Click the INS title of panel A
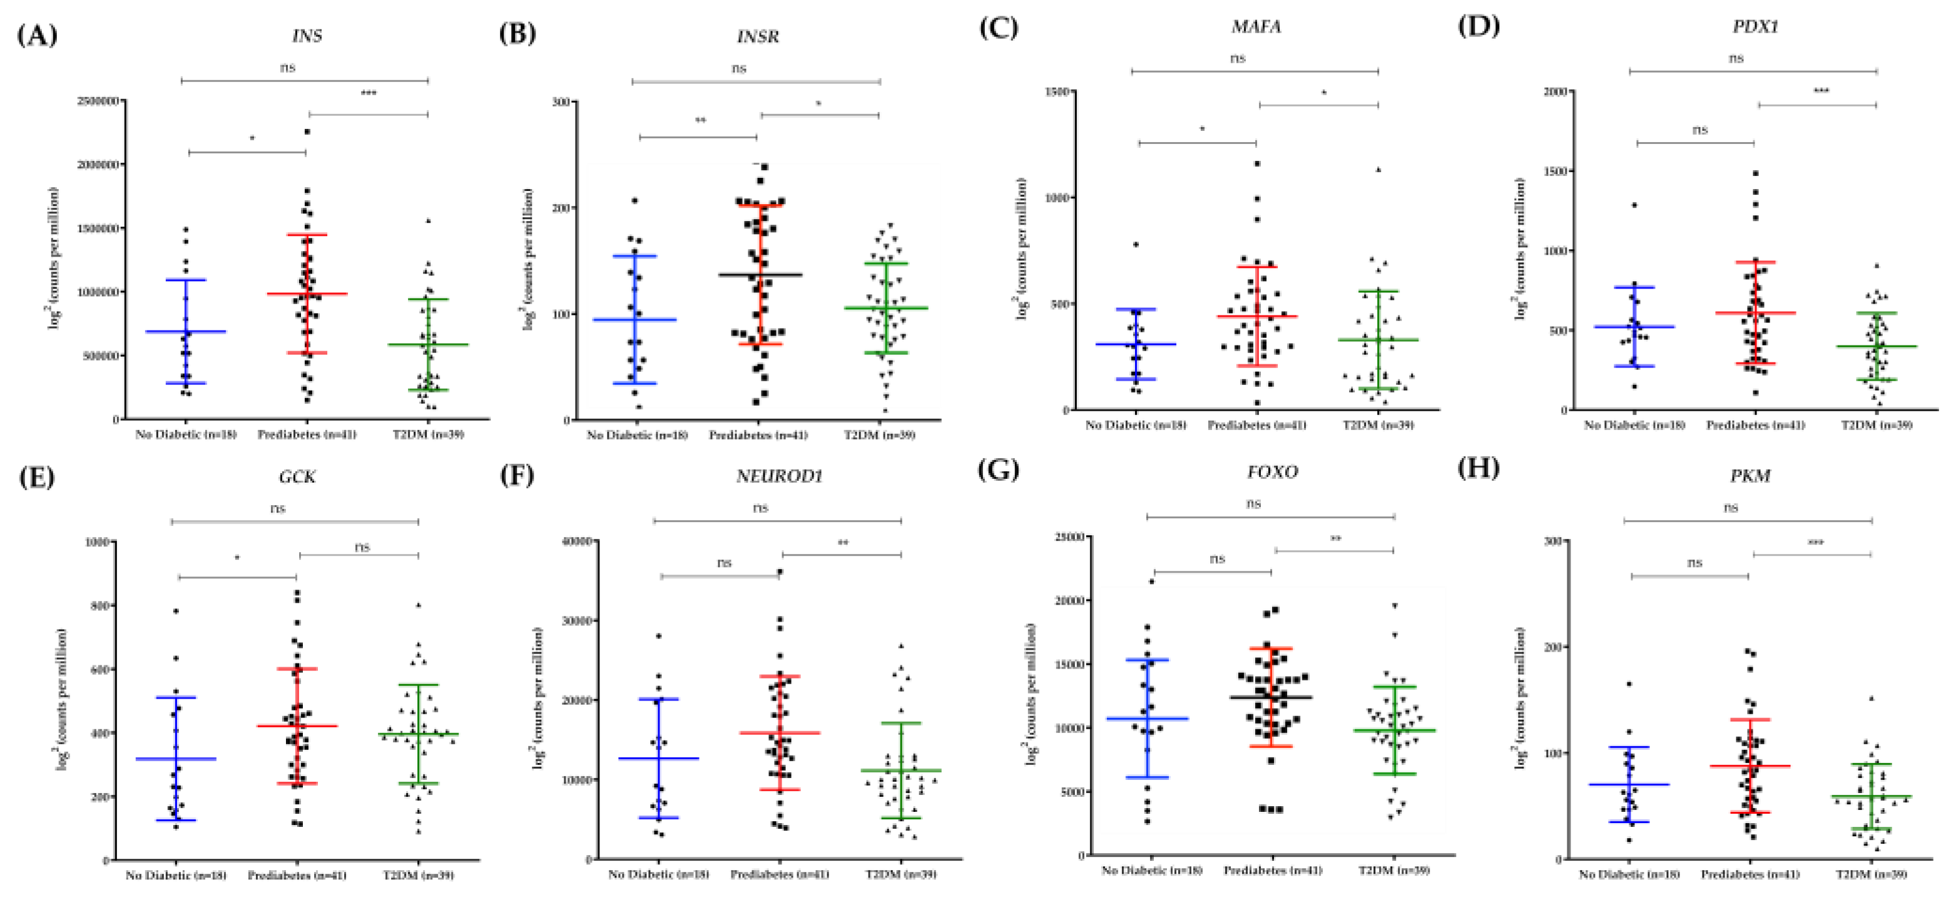click(307, 36)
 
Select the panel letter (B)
click(517, 34)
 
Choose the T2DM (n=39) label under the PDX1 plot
click(1876, 425)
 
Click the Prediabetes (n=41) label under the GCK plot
click(297, 874)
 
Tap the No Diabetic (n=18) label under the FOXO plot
click(1151, 870)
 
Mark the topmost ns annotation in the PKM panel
click(1731, 508)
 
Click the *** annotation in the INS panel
click(369, 94)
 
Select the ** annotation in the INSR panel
click(701, 120)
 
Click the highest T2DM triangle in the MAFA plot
click(1378, 170)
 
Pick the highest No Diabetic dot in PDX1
click(1634, 205)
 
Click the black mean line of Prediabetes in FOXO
click(1272, 697)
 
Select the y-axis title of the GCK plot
click(61, 700)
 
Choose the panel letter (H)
click(1479, 468)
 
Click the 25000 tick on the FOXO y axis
click(1069, 537)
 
